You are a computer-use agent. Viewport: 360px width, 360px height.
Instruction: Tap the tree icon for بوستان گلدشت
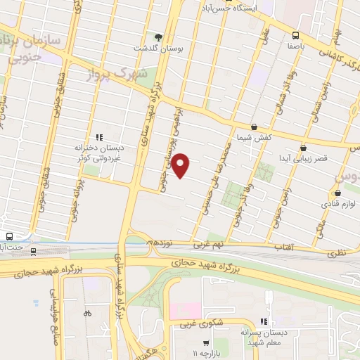[158, 37]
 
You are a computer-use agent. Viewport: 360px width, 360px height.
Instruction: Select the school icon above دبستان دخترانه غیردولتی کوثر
[98, 138]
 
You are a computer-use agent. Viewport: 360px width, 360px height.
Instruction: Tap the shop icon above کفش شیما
[254, 127]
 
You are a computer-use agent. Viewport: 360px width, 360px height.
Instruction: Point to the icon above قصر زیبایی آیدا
[303, 148]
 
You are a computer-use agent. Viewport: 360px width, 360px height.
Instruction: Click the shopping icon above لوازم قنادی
[337, 192]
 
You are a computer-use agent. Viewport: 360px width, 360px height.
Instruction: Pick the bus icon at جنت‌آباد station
[8, 236]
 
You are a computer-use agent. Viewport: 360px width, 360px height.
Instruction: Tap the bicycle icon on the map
[87, 313]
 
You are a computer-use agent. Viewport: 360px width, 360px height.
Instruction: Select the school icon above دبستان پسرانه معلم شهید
[264, 319]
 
